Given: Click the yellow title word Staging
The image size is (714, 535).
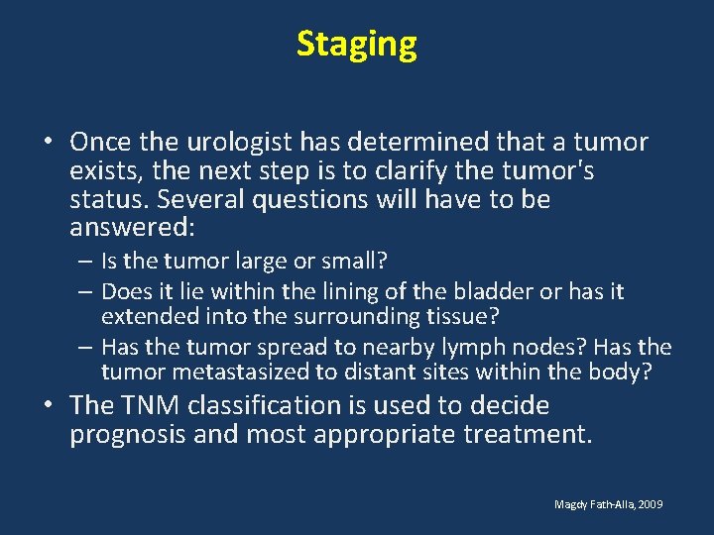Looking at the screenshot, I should pyautogui.click(x=357, y=45).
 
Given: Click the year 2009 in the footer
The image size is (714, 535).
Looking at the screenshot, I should pyautogui.click(x=651, y=504).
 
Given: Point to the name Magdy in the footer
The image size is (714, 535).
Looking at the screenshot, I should pyautogui.click(x=571, y=504).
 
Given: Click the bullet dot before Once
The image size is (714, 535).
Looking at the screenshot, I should pyautogui.click(x=48, y=143).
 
